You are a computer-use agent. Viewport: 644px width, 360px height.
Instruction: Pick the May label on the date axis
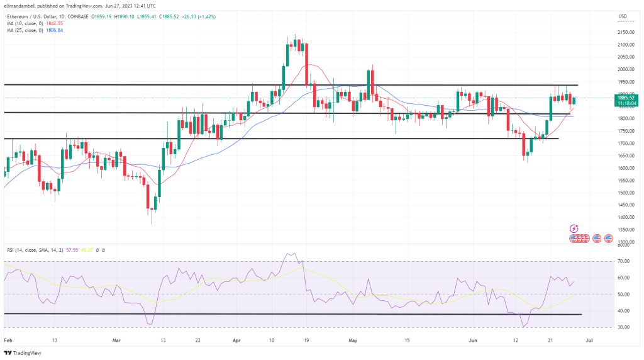tap(352, 340)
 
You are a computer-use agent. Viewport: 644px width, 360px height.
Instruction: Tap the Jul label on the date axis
tap(587, 340)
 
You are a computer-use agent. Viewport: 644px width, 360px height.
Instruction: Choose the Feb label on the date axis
tap(8, 340)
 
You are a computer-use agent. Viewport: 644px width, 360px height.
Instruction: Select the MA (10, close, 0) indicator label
tap(26, 23)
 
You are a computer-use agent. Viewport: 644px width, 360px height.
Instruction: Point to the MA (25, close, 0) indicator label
tap(26, 30)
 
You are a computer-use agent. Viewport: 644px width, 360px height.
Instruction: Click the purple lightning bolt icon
tap(574, 228)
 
